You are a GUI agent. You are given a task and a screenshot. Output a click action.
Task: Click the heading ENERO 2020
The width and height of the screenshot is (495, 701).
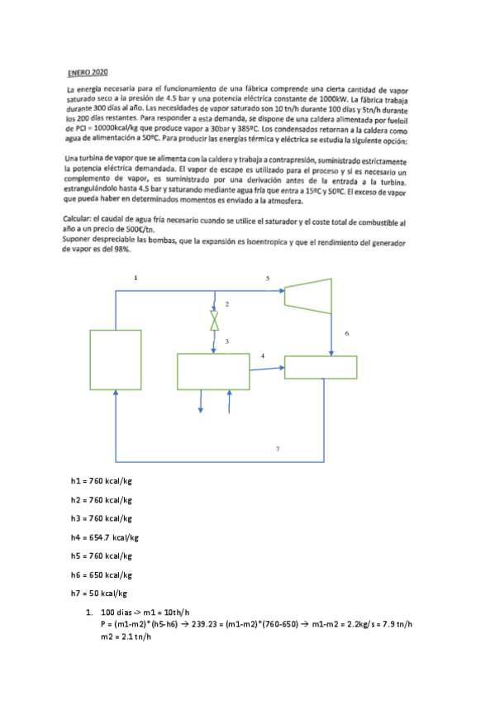pos(90,73)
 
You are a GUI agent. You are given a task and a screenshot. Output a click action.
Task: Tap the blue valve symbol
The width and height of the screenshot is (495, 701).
pos(215,320)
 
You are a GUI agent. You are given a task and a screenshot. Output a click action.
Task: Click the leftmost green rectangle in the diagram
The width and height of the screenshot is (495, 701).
pos(115,360)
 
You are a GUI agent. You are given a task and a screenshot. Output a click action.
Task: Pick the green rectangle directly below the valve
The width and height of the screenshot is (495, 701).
pos(213,371)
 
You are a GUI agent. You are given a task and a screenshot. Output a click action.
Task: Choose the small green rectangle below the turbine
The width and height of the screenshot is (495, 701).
pos(320,367)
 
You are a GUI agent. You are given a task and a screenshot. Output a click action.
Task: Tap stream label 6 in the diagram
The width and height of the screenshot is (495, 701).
pos(346,333)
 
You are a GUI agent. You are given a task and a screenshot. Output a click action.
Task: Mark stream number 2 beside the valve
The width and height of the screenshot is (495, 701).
pos(226,305)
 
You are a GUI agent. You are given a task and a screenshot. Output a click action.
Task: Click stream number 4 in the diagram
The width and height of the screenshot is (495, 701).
pos(263,355)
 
